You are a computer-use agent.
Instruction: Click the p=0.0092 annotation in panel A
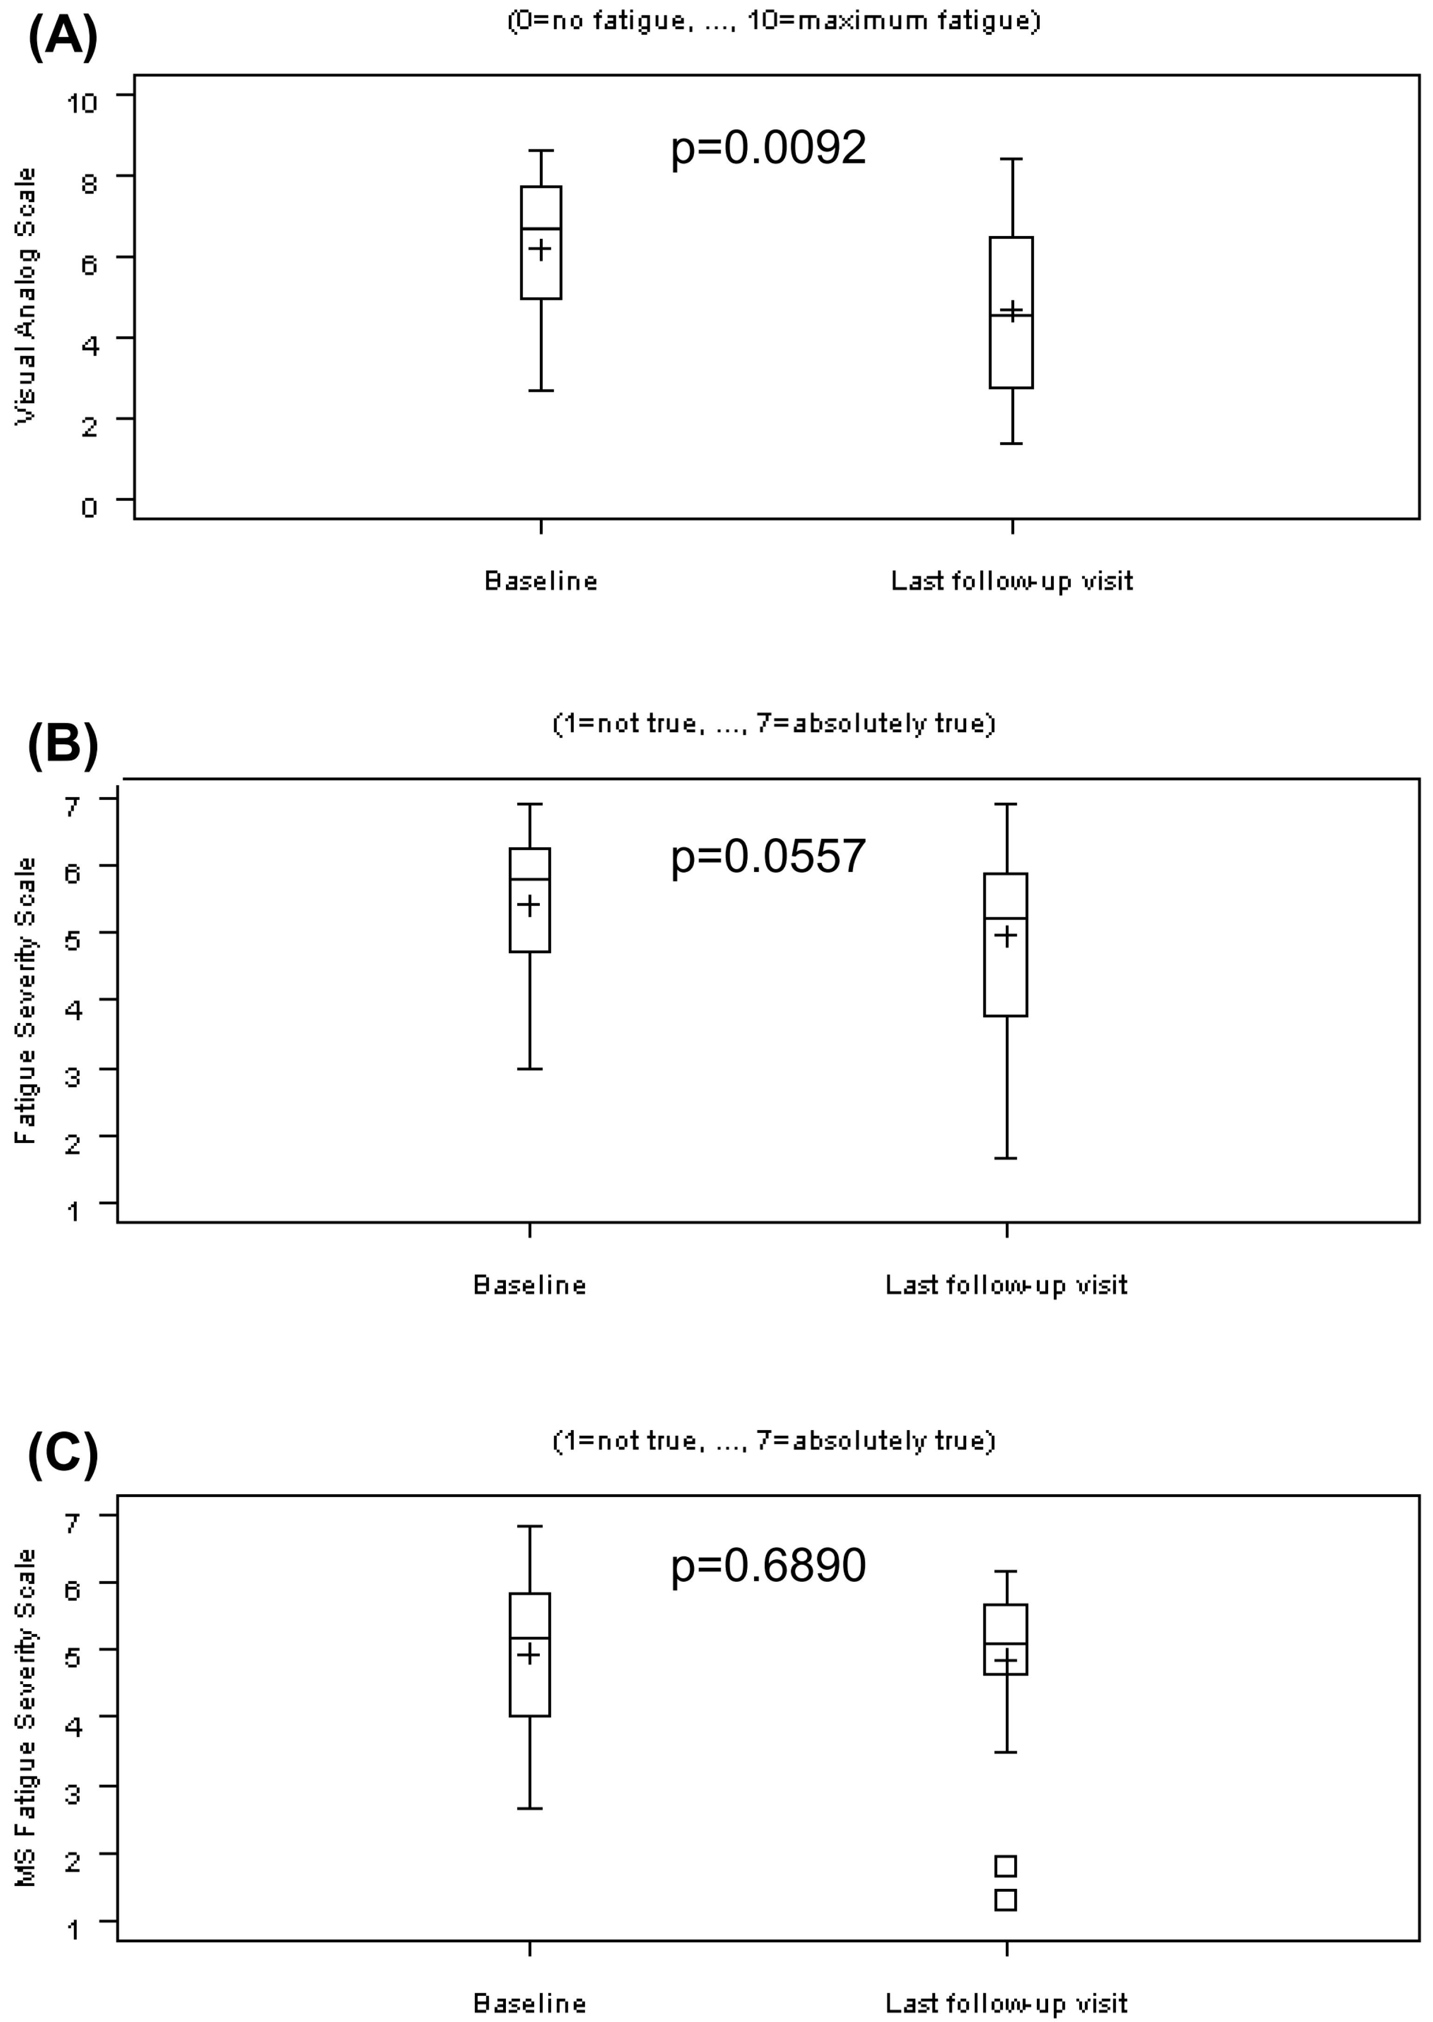pyautogui.click(x=767, y=148)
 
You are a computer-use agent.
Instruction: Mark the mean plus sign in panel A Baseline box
pyautogui.click(x=540, y=249)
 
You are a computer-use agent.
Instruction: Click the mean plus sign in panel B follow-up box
pyautogui.click(x=1006, y=936)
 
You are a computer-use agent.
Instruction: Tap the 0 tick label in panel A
pyautogui.click(x=89, y=507)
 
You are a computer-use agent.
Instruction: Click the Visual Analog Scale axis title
pyautogui.click(x=27, y=296)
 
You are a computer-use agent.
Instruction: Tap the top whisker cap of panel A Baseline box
pyautogui.click(x=541, y=151)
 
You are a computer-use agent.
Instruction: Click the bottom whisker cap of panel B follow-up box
pyautogui.click(x=1006, y=1157)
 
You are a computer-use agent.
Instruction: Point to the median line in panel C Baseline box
pyautogui.click(x=530, y=1638)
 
